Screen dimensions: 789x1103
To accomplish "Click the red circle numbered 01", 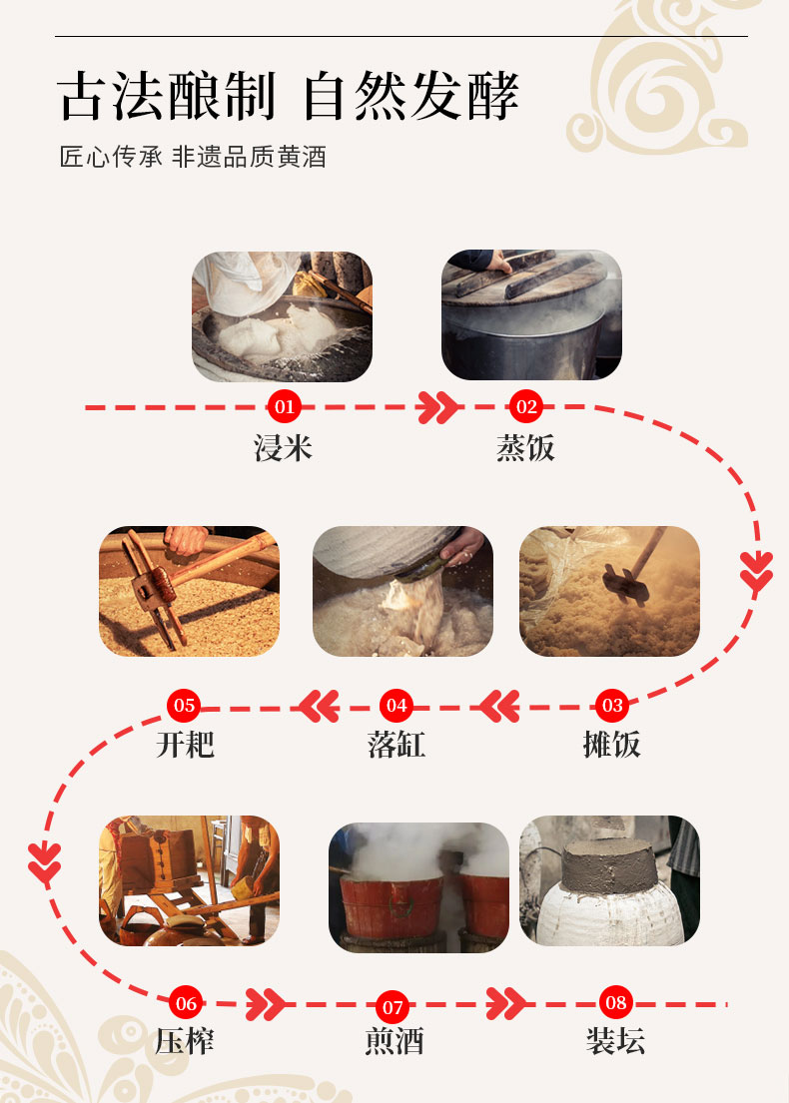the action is [x=285, y=406].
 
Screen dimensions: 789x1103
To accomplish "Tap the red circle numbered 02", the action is [x=526, y=406].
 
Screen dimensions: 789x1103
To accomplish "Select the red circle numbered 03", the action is [x=612, y=705].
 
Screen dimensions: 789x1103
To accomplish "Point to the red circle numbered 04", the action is [x=396, y=705].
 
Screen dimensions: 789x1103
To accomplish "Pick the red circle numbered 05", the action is [x=185, y=705].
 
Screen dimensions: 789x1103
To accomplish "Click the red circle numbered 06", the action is [x=186, y=1003].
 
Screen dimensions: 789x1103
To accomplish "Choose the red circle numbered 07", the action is [x=393, y=1007].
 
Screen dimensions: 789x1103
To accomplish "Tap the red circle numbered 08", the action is [x=615, y=1002].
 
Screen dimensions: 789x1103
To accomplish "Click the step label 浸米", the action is [x=283, y=448].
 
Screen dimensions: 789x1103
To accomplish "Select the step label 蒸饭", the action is [x=525, y=448].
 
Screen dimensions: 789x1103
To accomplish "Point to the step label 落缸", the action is [x=396, y=745].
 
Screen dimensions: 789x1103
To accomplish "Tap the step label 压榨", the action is [x=185, y=1041].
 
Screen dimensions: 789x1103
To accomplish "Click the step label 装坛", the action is [x=616, y=1041].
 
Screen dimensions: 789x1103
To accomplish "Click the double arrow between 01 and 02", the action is [x=437, y=407].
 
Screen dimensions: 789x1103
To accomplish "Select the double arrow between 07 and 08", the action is [x=505, y=1004].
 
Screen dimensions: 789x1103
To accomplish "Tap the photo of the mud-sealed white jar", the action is [x=609, y=880].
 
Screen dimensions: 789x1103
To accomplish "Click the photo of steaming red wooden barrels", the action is [x=418, y=887].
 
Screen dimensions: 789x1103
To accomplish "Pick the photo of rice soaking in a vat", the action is [x=283, y=316].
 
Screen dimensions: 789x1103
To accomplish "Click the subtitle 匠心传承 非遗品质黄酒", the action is [x=193, y=157].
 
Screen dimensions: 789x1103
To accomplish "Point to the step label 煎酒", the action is [x=394, y=1041].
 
